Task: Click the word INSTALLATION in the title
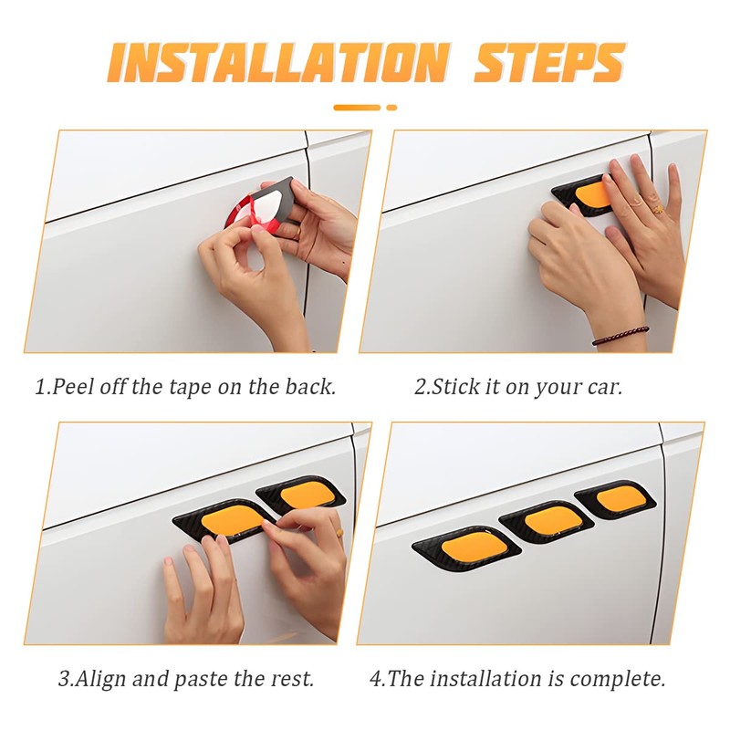[x=278, y=62]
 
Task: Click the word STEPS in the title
[x=548, y=62]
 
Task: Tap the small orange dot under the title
[x=391, y=108]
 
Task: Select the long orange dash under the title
[x=357, y=108]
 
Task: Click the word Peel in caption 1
[x=71, y=386]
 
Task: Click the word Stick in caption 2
[x=456, y=386]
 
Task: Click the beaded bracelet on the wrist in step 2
[x=620, y=335]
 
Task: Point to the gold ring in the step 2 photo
[x=657, y=209]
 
